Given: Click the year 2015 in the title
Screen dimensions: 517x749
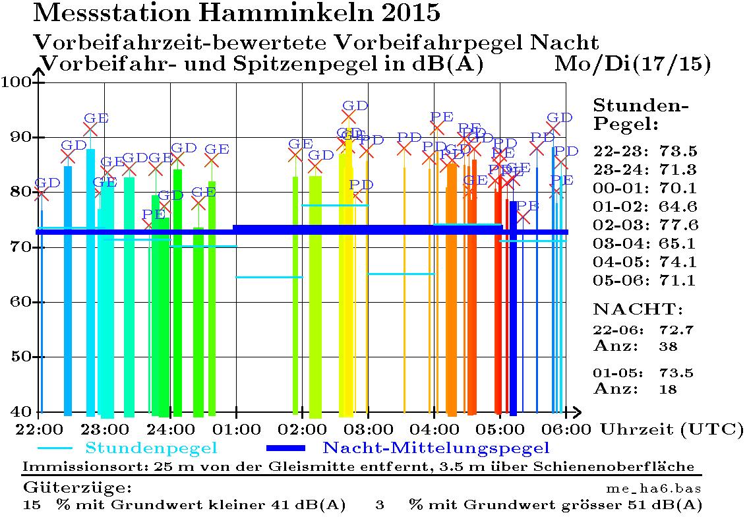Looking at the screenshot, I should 405,12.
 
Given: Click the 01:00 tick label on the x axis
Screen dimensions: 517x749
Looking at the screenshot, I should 236,429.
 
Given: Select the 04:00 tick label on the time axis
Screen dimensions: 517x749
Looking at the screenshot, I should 433,429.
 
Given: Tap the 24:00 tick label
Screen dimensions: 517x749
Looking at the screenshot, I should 170,429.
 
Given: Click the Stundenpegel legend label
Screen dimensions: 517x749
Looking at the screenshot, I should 152,449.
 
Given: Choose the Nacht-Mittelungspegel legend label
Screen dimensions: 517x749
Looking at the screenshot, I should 436,449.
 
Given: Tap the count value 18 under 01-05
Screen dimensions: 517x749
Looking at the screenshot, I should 668,389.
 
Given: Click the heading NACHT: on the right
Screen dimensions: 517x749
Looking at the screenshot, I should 638,309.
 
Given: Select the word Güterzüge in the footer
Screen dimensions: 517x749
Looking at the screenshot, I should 77,489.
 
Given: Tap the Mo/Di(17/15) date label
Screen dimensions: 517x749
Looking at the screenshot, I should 632,64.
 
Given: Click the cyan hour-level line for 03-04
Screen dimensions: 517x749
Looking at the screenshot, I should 401,274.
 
